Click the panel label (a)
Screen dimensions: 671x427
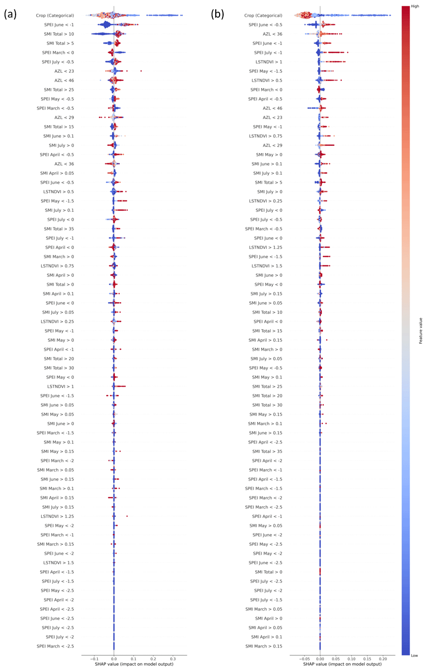point(10,14)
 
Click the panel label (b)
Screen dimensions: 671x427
point(218,14)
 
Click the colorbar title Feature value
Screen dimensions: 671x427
point(421,331)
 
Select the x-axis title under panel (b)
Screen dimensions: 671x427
point(342,664)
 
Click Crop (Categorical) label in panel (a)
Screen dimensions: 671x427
point(55,16)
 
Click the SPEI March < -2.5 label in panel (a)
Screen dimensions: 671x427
point(55,646)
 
